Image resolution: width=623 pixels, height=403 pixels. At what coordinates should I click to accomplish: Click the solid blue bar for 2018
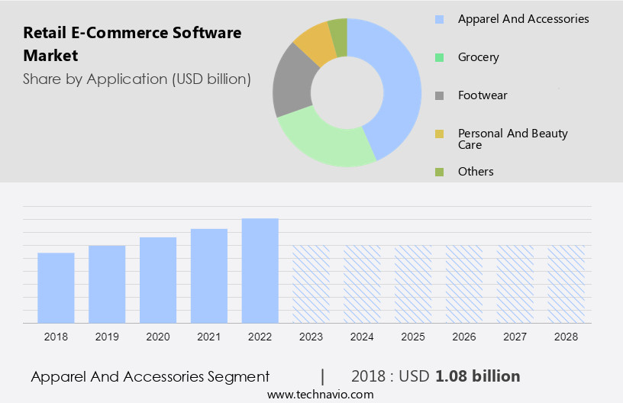(56, 288)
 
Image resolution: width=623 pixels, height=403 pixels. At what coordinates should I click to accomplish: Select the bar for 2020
(158, 280)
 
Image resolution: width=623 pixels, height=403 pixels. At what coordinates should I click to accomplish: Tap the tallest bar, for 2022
(260, 270)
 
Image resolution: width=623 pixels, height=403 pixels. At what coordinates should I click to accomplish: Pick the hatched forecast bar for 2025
(413, 284)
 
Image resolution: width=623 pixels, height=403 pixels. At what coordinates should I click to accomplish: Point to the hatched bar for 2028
(567, 284)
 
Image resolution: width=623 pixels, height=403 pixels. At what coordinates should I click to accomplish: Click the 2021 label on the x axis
(208, 336)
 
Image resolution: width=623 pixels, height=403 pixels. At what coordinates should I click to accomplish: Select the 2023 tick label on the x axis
(311, 336)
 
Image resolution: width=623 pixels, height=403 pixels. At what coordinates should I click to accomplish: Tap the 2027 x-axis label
(515, 336)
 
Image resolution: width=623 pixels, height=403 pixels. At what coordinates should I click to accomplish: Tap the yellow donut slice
(314, 44)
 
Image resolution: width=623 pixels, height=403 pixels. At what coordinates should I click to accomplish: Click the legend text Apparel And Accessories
(523, 19)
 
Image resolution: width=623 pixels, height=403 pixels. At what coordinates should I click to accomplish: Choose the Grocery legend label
(478, 57)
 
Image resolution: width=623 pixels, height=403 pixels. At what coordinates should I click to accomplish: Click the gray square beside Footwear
(439, 95)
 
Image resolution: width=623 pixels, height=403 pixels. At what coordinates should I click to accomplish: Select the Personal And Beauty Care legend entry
(512, 139)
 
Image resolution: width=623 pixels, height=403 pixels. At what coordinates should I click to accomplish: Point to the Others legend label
(476, 172)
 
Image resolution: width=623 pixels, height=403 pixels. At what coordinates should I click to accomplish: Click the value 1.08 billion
(478, 376)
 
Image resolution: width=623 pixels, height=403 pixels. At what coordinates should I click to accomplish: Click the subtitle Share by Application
(137, 79)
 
